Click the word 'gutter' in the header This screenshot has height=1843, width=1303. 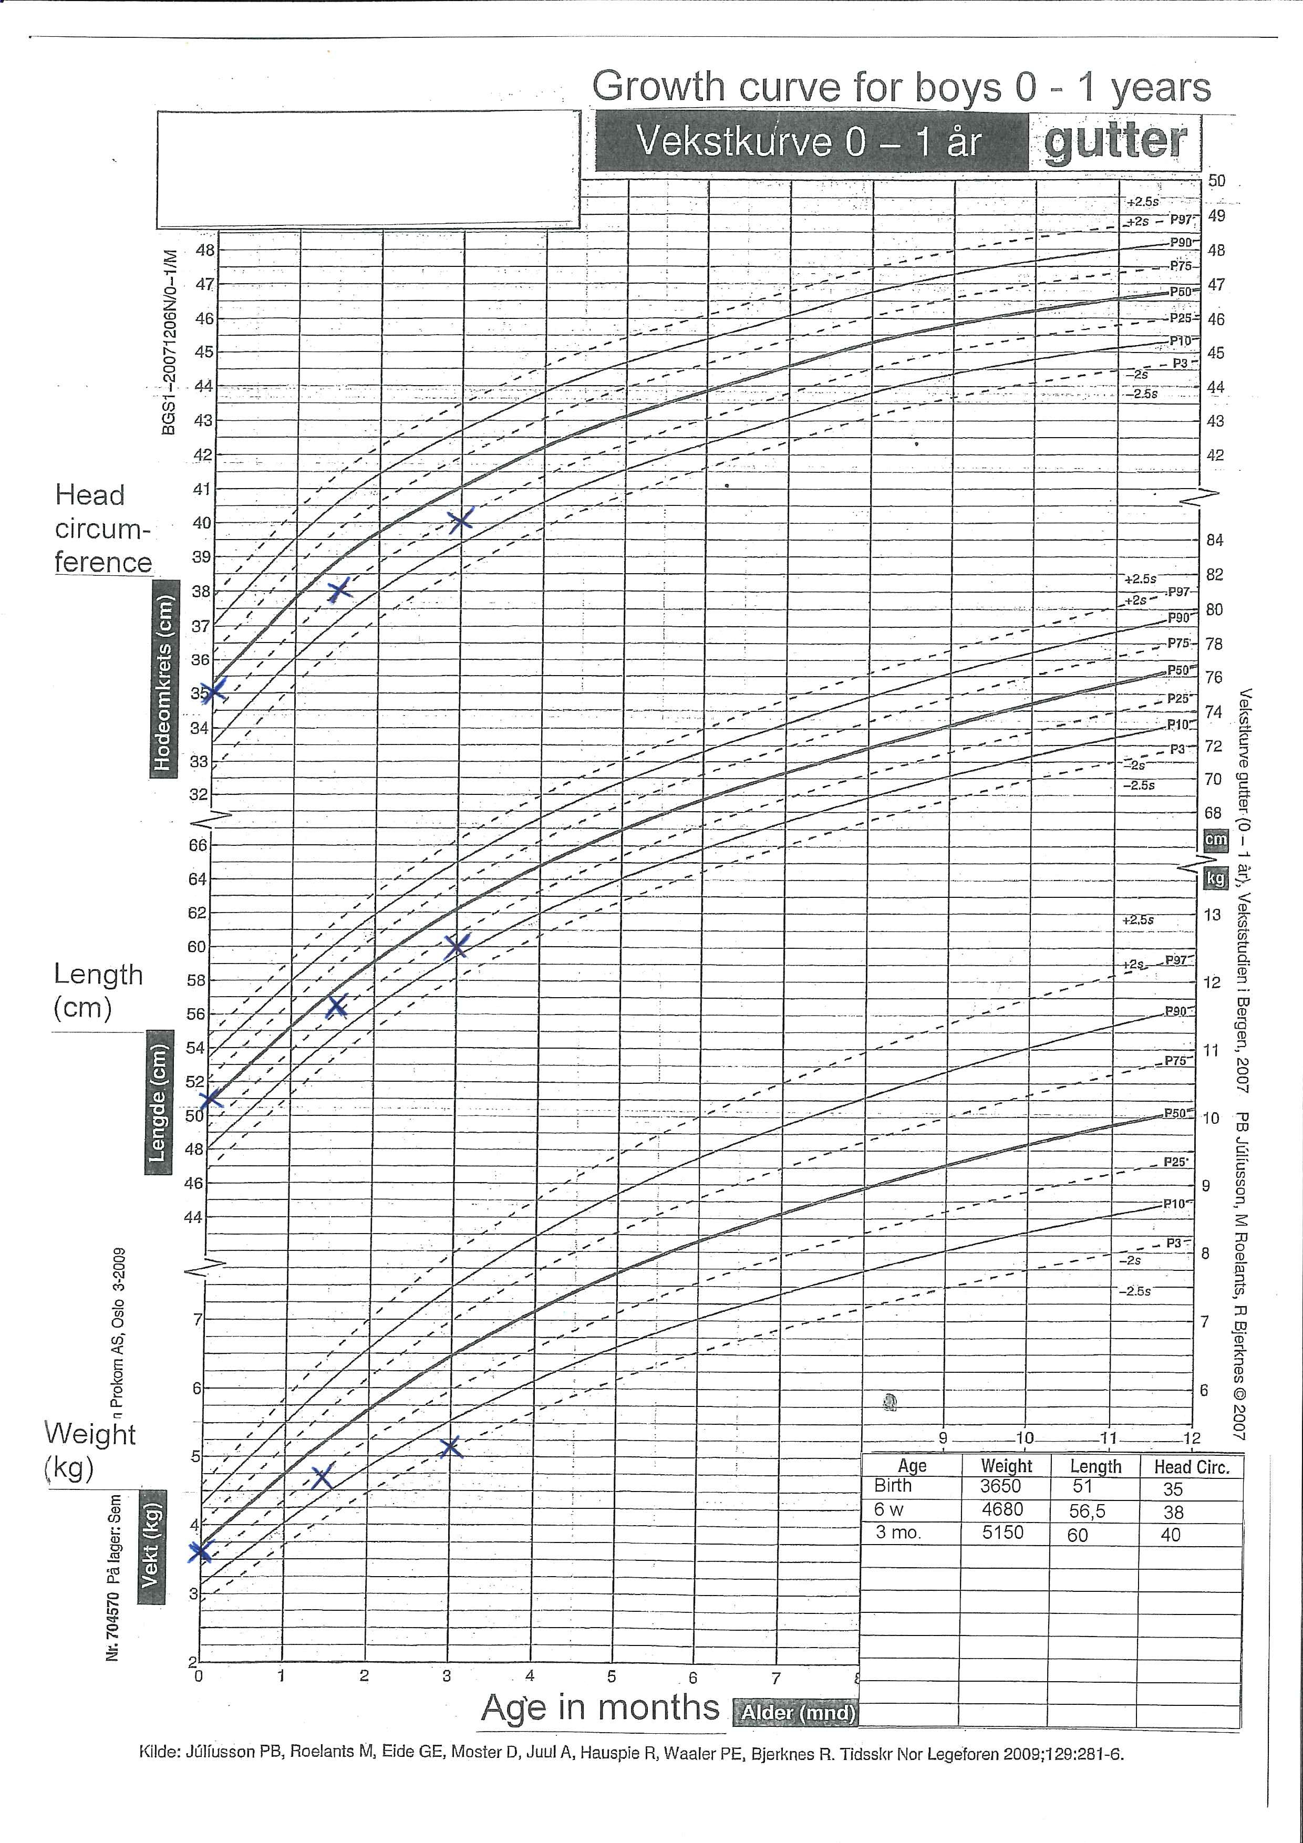(x=1114, y=141)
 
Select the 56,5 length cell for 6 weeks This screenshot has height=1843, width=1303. (x=1087, y=1510)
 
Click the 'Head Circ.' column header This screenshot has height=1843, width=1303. (x=1192, y=1466)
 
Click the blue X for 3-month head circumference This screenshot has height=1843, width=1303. (x=461, y=520)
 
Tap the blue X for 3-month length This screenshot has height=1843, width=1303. (x=456, y=946)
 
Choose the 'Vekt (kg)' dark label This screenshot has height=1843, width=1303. (x=150, y=1545)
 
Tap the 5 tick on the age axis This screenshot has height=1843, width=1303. (x=612, y=1676)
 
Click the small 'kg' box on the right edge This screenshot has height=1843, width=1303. (x=1215, y=878)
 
